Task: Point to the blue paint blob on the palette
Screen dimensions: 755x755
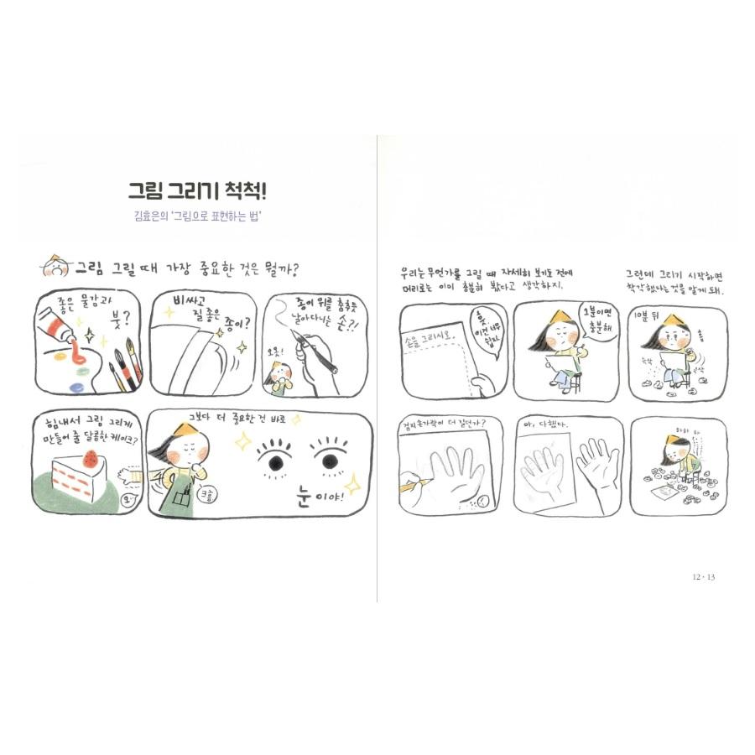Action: pos(73,385)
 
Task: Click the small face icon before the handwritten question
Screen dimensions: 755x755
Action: pos(55,268)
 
